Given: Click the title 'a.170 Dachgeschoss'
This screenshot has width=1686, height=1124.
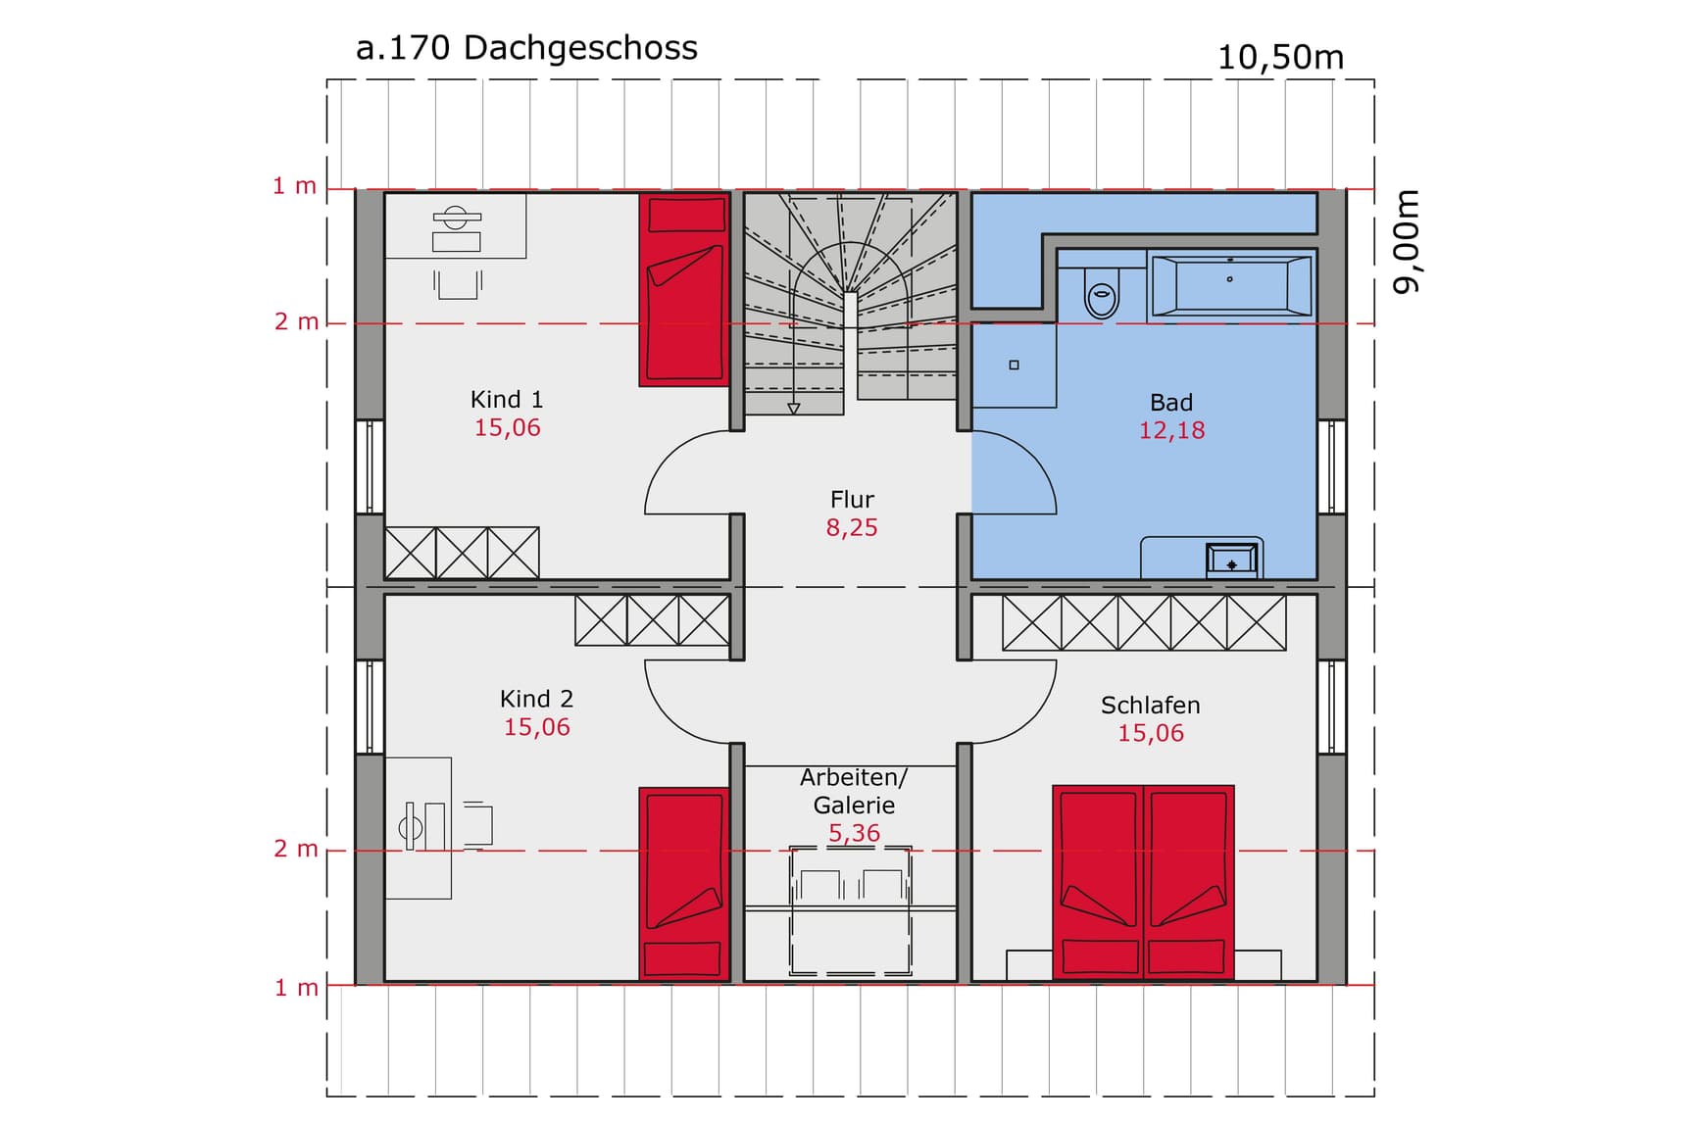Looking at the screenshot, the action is [x=526, y=48].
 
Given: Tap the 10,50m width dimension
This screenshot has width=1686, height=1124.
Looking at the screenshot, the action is [x=1280, y=58].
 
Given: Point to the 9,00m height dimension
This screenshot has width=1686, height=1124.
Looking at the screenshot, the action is [x=1407, y=241].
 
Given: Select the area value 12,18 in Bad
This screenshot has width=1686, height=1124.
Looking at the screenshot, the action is [x=1171, y=430].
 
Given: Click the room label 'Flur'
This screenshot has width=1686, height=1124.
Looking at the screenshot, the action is [x=852, y=500].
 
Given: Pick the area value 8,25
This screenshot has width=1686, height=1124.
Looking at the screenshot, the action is [x=852, y=528].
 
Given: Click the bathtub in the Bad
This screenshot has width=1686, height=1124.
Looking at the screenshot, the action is [x=1231, y=286].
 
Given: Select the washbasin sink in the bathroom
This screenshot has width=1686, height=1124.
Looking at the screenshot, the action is [x=1231, y=561].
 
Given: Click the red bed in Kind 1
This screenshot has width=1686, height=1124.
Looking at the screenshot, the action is [x=684, y=290].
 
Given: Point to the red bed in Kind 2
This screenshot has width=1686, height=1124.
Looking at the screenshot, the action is [x=684, y=883].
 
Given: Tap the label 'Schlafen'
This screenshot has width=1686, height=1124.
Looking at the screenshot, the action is [x=1150, y=706].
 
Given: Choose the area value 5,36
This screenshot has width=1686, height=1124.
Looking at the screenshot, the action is [x=854, y=834].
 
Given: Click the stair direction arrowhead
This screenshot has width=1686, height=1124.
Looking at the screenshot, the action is [x=794, y=409].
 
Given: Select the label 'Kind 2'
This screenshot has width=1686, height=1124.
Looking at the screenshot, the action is [x=536, y=699].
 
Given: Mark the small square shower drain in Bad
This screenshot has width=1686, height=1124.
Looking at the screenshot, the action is [x=1015, y=366].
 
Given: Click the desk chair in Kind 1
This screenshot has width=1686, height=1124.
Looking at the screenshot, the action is [x=458, y=284].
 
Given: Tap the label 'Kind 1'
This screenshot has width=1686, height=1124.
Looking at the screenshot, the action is [x=507, y=400].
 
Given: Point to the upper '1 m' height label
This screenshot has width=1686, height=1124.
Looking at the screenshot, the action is [x=294, y=186].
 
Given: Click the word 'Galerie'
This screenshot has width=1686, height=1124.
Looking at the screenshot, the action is [x=854, y=806].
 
